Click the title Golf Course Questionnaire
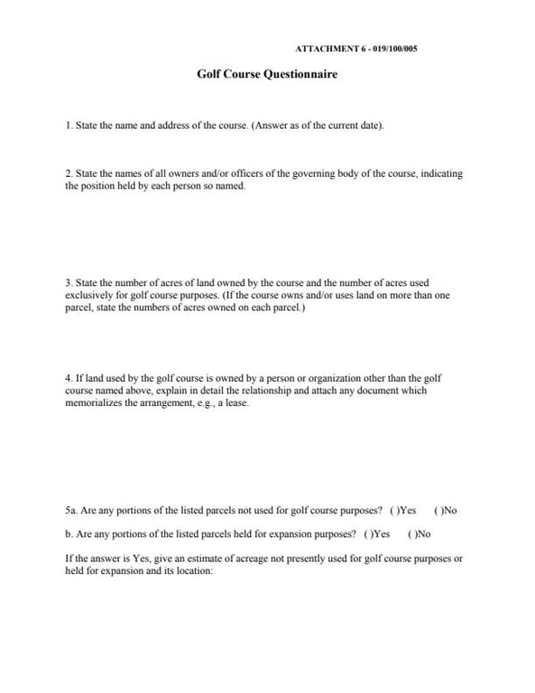pos(267,75)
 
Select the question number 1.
pos(69,125)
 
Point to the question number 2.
pos(69,173)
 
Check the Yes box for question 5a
pos(393,511)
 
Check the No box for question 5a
pos(438,511)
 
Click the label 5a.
pos(71,511)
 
